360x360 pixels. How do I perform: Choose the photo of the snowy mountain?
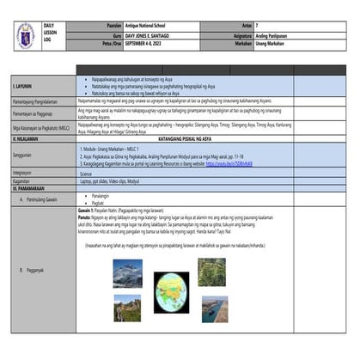point(127,272)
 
